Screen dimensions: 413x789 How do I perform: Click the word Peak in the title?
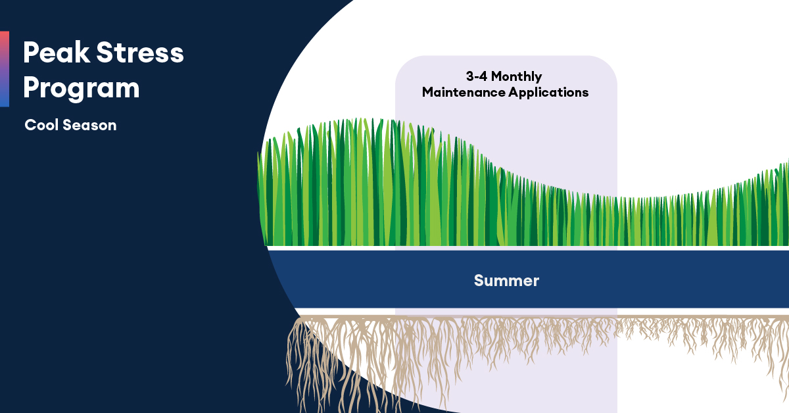[x=55, y=53]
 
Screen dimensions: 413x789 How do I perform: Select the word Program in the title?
[x=81, y=88]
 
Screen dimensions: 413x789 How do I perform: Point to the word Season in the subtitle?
[x=89, y=125]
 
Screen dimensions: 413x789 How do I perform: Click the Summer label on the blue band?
[x=506, y=281]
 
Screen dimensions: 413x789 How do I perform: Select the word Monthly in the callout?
[x=519, y=76]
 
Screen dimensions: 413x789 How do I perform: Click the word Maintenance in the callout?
[x=464, y=92]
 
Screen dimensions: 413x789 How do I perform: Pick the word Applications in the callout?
[x=548, y=92]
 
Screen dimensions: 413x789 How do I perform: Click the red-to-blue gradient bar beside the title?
[x=5, y=68]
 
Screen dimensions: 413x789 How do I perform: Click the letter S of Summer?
[x=479, y=281]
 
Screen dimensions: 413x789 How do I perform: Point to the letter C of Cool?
[x=30, y=125]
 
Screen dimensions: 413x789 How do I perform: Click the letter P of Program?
[x=31, y=88]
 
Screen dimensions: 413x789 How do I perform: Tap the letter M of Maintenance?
[x=428, y=92]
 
